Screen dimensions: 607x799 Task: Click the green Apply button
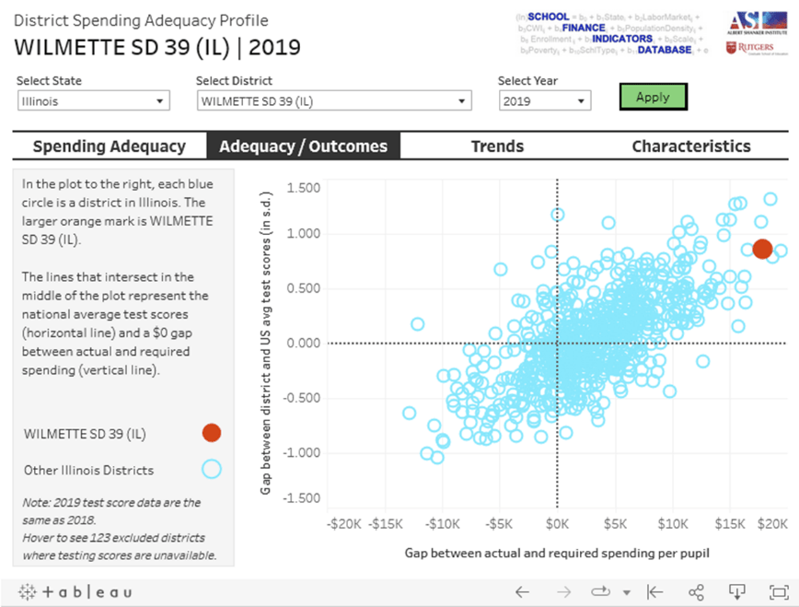[x=653, y=97]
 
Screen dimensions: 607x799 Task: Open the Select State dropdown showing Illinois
[x=94, y=101]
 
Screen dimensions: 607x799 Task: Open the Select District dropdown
[x=333, y=101]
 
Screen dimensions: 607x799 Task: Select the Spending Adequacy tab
[x=109, y=146]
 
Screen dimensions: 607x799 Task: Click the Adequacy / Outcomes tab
[x=304, y=146]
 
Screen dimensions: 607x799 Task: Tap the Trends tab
[x=497, y=146]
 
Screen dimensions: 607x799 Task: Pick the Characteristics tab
[x=690, y=146]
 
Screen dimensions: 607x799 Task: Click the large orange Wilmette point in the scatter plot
[x=762, y=249]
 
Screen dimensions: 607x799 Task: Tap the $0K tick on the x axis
[x=557, y=524]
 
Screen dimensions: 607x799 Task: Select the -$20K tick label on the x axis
[x=344, y=524]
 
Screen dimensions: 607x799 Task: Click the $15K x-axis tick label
[x=730, y=524]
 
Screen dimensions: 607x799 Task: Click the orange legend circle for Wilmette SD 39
[x=212, y=433]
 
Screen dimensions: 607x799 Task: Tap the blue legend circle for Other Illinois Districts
[x=212, y=470]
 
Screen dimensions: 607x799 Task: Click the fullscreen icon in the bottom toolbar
[x=778, y=591]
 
